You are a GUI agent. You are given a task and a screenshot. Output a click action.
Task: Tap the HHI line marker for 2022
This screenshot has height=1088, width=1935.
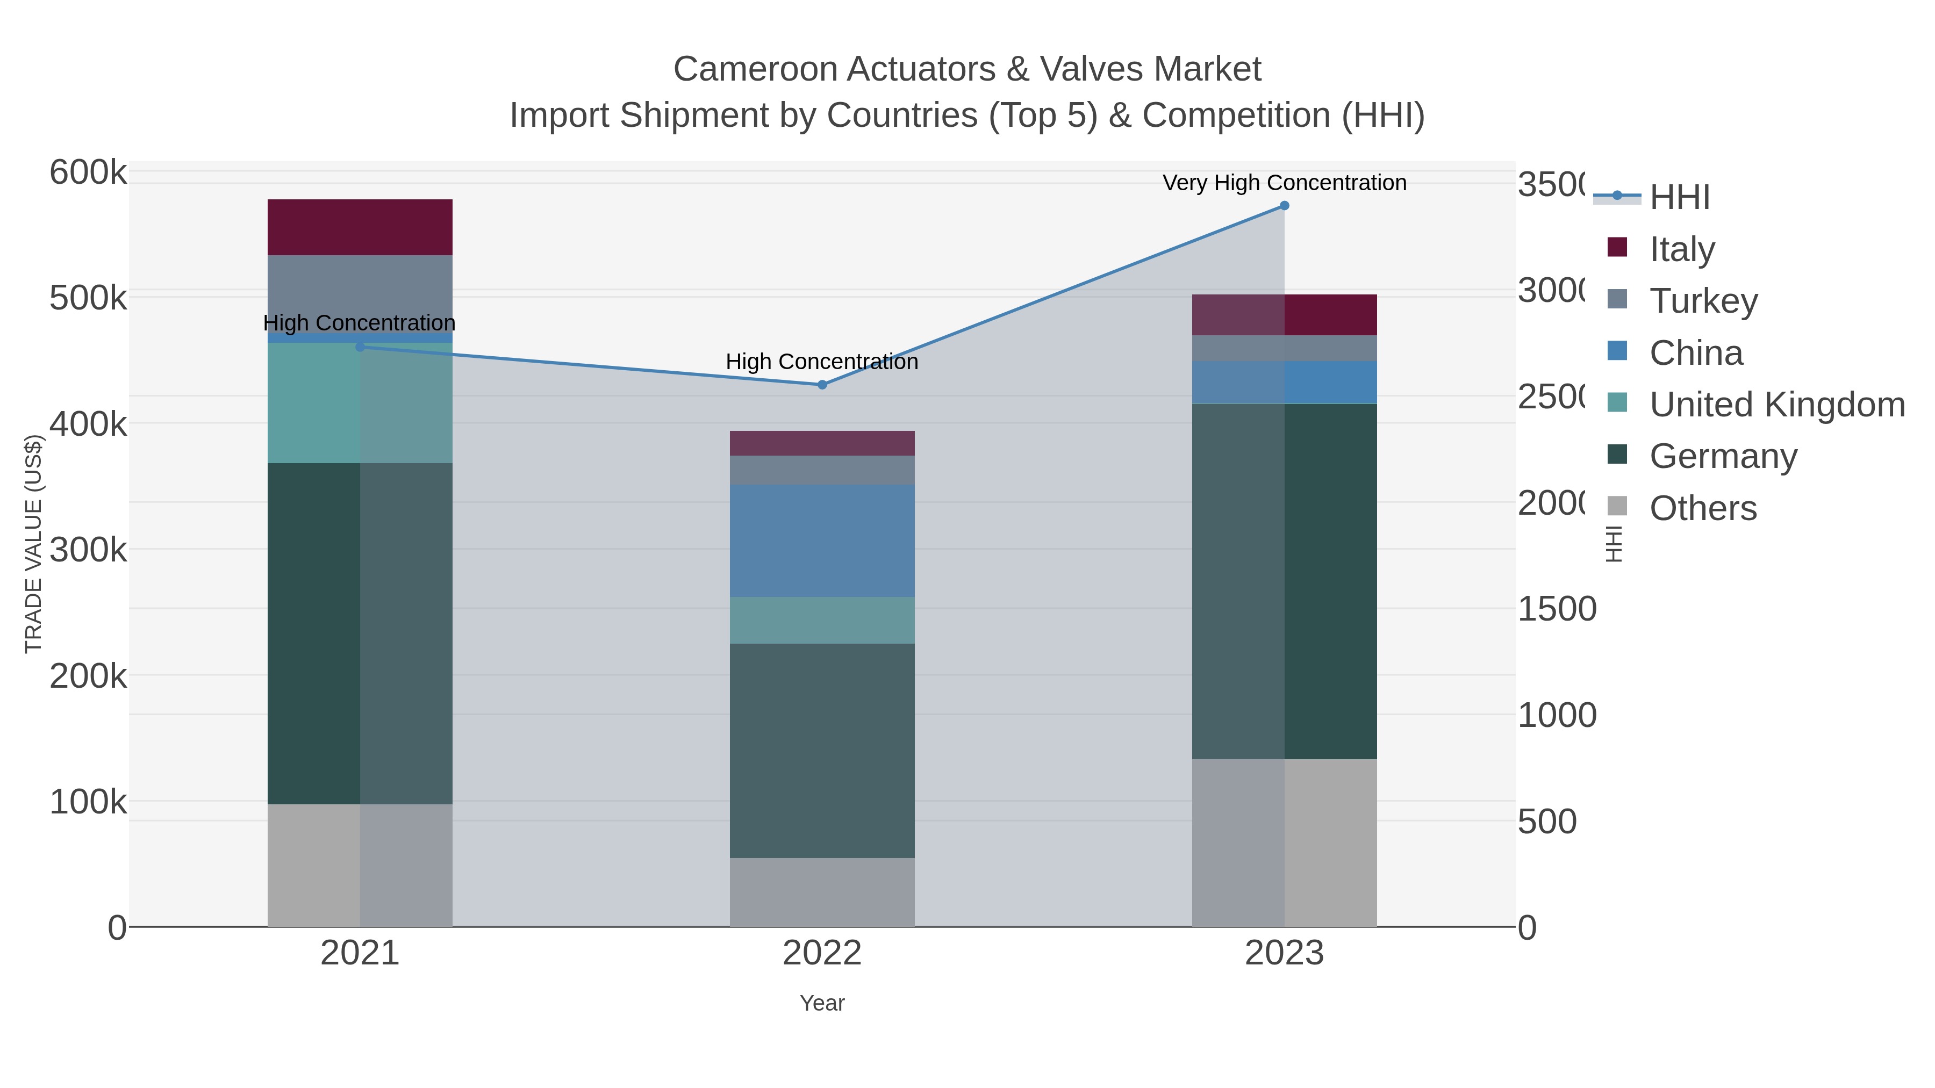tap(822, 385)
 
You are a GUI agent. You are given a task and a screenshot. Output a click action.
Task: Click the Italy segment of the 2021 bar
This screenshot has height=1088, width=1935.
tap(360, 227)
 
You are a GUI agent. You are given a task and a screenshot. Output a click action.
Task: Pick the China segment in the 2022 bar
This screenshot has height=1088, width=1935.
tap(822, 541)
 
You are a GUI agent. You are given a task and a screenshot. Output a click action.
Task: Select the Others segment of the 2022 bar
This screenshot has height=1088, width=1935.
tap(822, 892)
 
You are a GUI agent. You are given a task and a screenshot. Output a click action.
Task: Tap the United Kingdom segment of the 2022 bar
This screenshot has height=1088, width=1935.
tap(822, 620)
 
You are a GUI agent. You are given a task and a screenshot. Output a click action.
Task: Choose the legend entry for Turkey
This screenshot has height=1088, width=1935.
tap(1702, 300)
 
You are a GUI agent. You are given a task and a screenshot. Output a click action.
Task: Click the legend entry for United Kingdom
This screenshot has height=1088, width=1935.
tap(1776, 404)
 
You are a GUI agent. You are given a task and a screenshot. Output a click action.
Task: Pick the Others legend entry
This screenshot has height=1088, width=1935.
tap(1702, 508)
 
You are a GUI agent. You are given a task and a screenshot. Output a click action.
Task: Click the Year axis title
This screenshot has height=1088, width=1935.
tap(822, 1003)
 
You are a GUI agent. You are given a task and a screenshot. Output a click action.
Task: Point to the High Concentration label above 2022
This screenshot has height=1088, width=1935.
tap(822, 362)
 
